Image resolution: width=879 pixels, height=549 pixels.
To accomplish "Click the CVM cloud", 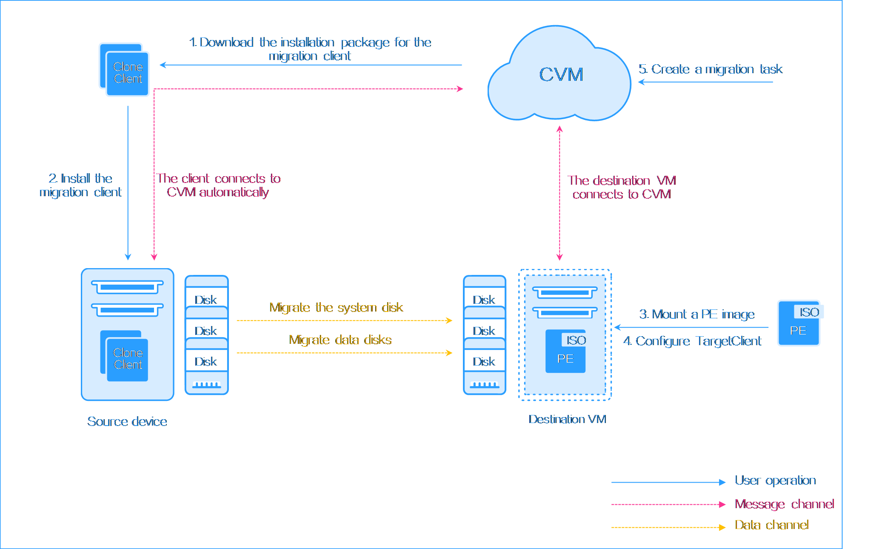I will point(560,75).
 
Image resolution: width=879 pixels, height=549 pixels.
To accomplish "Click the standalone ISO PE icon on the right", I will point(799,323).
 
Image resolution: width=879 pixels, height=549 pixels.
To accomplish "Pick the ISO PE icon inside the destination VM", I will point(566,351).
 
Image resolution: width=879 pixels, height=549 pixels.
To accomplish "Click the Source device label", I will point(127,421).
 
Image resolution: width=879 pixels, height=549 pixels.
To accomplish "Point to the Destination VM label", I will point(567,419).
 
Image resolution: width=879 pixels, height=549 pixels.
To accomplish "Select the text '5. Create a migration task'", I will point(711,69).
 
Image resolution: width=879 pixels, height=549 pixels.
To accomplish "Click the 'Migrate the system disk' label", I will point(336,307).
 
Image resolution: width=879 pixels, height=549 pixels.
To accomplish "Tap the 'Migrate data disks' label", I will point(340,340).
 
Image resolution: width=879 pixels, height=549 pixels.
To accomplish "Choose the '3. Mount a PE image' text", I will point(697,314).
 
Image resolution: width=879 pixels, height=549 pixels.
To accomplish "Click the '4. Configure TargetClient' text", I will point(692,341).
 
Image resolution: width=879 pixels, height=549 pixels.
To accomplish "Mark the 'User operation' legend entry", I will point(775,480).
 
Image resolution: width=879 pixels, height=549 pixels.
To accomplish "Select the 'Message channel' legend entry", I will point(784,504).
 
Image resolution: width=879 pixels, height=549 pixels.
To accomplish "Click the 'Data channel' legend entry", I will point(771,525).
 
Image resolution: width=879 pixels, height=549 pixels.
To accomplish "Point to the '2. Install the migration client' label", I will point(80,185).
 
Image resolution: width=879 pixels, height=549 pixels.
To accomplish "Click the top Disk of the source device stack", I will point(206,300).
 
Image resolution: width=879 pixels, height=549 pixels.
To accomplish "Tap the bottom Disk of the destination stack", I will point(485,361).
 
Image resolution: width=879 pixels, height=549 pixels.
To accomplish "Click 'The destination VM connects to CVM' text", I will point(622,187).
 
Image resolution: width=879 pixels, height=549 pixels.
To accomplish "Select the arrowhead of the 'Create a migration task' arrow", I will point(641,82).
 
